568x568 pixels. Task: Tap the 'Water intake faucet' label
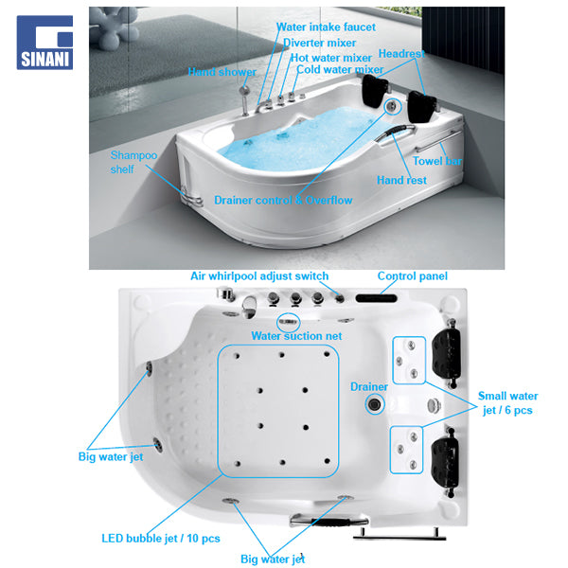(325, 27)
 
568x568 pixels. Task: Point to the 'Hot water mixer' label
(330, 57)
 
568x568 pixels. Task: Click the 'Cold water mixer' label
(339, 69)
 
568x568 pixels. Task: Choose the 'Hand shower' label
(222, 71)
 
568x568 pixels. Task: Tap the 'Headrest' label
(402, 54)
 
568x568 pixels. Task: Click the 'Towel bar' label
(436, 162)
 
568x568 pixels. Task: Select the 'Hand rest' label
(402, 180)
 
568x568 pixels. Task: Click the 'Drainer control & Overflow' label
(283, 200)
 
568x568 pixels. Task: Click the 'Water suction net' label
(296, 335)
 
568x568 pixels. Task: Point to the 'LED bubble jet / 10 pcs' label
(161, 538)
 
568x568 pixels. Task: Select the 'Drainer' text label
(369, 387)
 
